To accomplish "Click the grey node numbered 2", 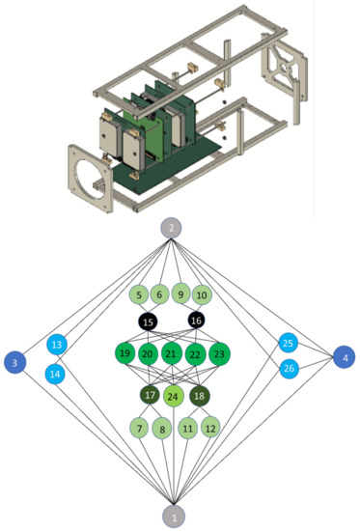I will [x=171, y=229].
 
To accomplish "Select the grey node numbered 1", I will [x=174, y=517].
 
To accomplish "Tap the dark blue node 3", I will [x=15, y=362].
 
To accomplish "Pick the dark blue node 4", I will [x=345, y=357].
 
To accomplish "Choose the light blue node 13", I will [x=56, y=345].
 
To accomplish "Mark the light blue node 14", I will [x=55, y=374].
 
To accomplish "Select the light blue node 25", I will [x=288, y=343].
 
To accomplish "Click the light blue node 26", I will [x=289, y=369].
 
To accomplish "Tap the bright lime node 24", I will [x=174, y=396].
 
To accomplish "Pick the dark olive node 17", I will [x=150, y=395].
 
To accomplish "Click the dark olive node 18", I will [x=198, y=395].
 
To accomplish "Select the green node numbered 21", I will [x=171, y=354].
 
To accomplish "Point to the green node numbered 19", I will [x=125, y=354].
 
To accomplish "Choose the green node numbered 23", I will [x=219, y=354].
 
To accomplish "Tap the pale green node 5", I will [x=139, y=294].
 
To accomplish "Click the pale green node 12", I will [x=210, y=427].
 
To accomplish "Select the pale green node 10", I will [x=202, y=294].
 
